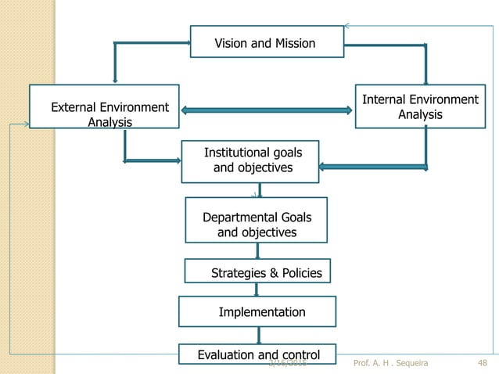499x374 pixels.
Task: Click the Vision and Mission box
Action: pyautogui.click(x=266, y=42)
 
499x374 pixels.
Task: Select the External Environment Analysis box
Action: pyautogui.click(x=104, y=106)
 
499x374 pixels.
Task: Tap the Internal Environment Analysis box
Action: pyautogui.click(x=419, y=106)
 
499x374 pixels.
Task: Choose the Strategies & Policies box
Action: pyautogui.click(x=258, y=271)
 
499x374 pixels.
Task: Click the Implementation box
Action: pyautogui.click(x=257, y=311)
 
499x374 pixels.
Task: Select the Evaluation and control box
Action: pyautogui.click(x=257, y=354)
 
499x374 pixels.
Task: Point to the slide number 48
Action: pyautogui.click(x=483, y=363)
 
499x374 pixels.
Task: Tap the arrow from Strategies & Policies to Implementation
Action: pyautogui.click(x=257, y=289)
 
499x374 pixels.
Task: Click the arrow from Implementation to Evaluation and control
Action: pyautogui.click(x=257, y=335)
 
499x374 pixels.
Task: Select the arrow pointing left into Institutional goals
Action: pyautogui.click(x=372, y=166)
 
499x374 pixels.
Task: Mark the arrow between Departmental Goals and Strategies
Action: pyautogui.click(x=257, y=250)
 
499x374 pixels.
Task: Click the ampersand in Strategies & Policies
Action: pyautogui.click(x=274, y=273)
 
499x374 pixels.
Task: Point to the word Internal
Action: pyautogui.click(x=385, y=99)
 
